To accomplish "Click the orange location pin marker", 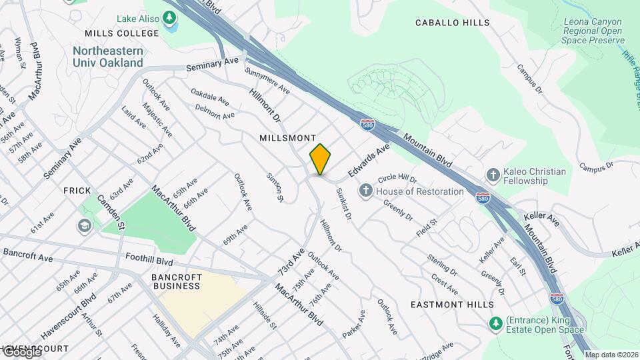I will [321, 160].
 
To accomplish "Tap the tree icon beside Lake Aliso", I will [171, 19].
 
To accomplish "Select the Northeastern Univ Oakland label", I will [108, 57].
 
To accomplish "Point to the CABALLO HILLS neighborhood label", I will [453, 23].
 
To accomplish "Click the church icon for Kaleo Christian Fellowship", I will [493, 175].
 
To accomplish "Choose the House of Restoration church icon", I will [365, 191].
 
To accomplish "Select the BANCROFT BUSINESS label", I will [176, 281].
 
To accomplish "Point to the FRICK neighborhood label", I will [77, 191].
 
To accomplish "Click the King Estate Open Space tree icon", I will [495, 323].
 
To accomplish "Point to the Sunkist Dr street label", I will [343, 204].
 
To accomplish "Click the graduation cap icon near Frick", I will [85, 226].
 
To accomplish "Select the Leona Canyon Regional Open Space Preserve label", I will [593, 31].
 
